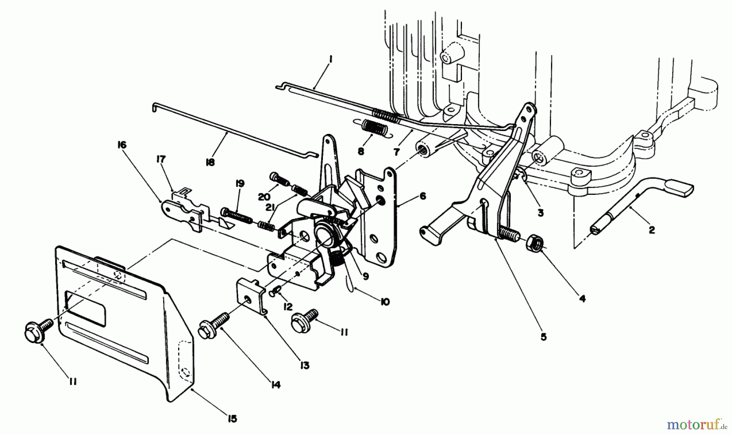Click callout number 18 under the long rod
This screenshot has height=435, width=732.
pos(210,162)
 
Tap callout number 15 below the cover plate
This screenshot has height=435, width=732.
pos(232,419)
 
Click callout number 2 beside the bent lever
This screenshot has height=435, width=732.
pos(651,230)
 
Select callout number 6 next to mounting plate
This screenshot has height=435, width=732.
pos(423,196)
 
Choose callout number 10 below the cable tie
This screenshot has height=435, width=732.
pos(385,302)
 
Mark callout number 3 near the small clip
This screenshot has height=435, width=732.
pos(540,212)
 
